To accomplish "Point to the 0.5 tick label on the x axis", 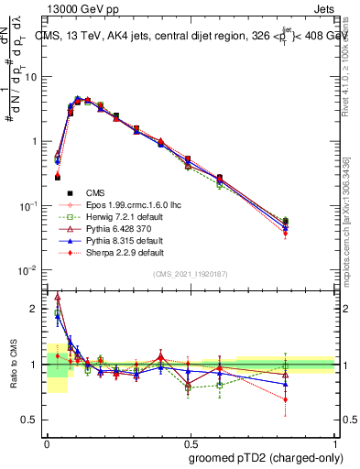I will pos(189,442).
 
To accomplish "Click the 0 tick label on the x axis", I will pos(46,442).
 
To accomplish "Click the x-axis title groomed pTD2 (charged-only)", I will pos(261,455).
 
